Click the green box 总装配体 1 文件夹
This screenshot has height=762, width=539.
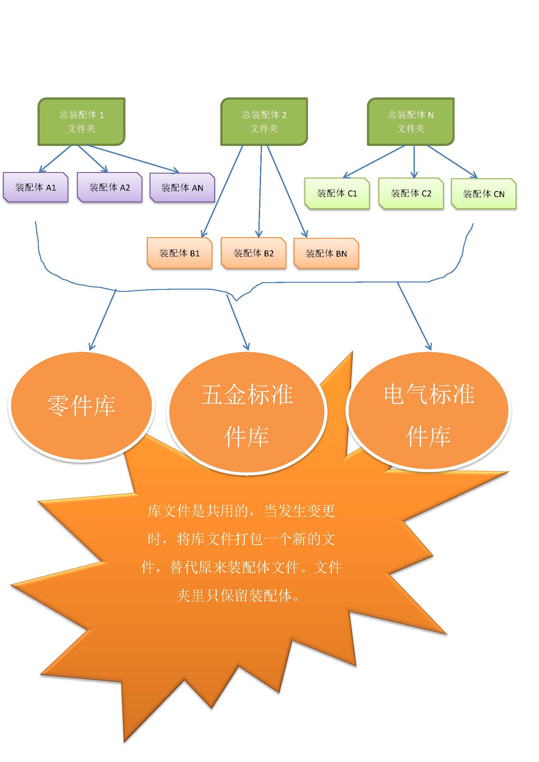(81, 122)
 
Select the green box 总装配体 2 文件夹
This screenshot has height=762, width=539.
(264, 122)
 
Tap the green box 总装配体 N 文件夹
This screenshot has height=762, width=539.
(411, 122)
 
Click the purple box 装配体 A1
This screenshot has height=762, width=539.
(36, 188)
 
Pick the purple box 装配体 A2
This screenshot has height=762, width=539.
(109, 188)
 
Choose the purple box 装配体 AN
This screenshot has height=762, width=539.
(182, 188)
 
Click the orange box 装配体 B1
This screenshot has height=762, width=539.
(180, 253)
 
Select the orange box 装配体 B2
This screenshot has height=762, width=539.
(254, 253)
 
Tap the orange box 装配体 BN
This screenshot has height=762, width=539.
(326, 253)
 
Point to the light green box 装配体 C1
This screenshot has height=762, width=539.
(337, 194)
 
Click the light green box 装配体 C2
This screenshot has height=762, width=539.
(411, 194)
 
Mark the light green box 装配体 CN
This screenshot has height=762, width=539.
(484, 194)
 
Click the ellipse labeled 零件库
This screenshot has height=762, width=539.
(81, 406)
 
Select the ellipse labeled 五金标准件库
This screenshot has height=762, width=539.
(247, 415)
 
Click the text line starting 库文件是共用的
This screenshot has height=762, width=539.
(241, 511)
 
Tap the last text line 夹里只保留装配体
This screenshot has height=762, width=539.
(238, 596)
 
